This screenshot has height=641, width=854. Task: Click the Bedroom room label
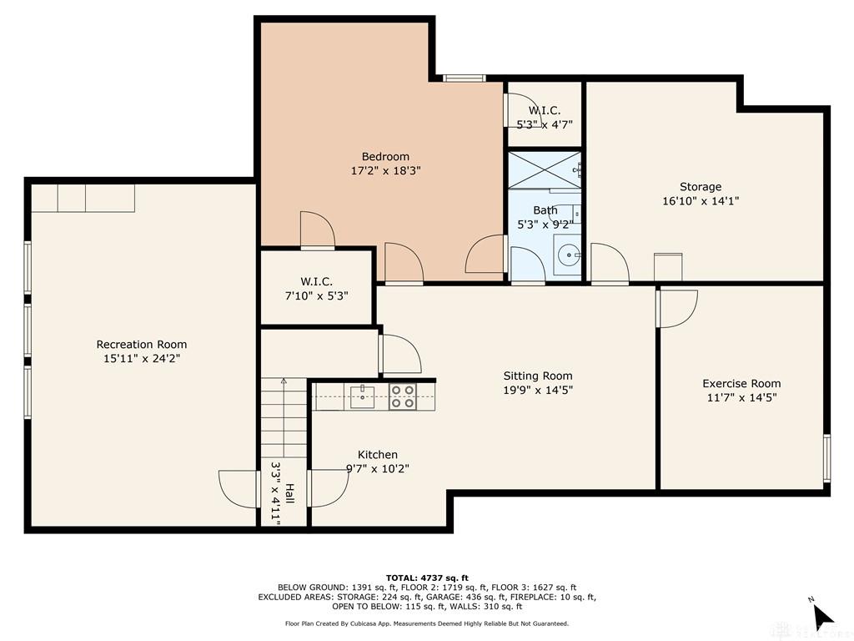tap(385, 157)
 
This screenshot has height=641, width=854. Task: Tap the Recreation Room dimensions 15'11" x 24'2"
tap(141, 359)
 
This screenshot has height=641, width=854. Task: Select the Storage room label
tap(700, 187)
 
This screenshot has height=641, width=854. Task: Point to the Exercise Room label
tap(741, 384)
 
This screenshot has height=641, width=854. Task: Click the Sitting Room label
tap(537, 376)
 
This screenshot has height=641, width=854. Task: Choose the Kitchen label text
tap(377, 455)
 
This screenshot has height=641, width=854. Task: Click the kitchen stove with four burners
tap(403, 396)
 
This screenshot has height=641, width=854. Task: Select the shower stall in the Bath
tap(544, 170)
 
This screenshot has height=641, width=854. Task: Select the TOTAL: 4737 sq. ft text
tap(427, 578)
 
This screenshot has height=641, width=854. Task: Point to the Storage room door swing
tap(609, 264)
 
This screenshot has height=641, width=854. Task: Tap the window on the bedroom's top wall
tap(464, 78)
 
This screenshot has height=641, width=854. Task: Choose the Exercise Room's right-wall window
tap(826, 458)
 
